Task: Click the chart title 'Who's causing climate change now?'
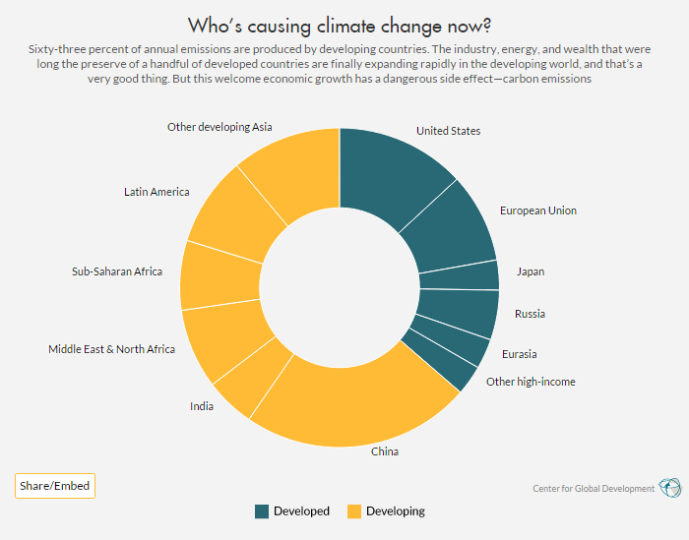[340, 24]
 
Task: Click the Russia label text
[530, 315]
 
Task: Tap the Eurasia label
[519, 354]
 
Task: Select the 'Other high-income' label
[531, 382]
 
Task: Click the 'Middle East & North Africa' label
[112, 349]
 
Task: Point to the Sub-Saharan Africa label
[117, 271]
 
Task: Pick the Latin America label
[157, 192]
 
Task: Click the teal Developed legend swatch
[262, 511]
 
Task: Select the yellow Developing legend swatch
[352, 511]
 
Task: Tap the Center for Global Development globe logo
[669, 488]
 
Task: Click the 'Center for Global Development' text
[594, 489]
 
